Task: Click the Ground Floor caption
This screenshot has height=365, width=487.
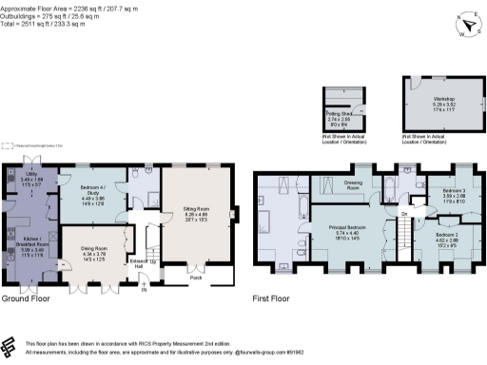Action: [x=27, y=298]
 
